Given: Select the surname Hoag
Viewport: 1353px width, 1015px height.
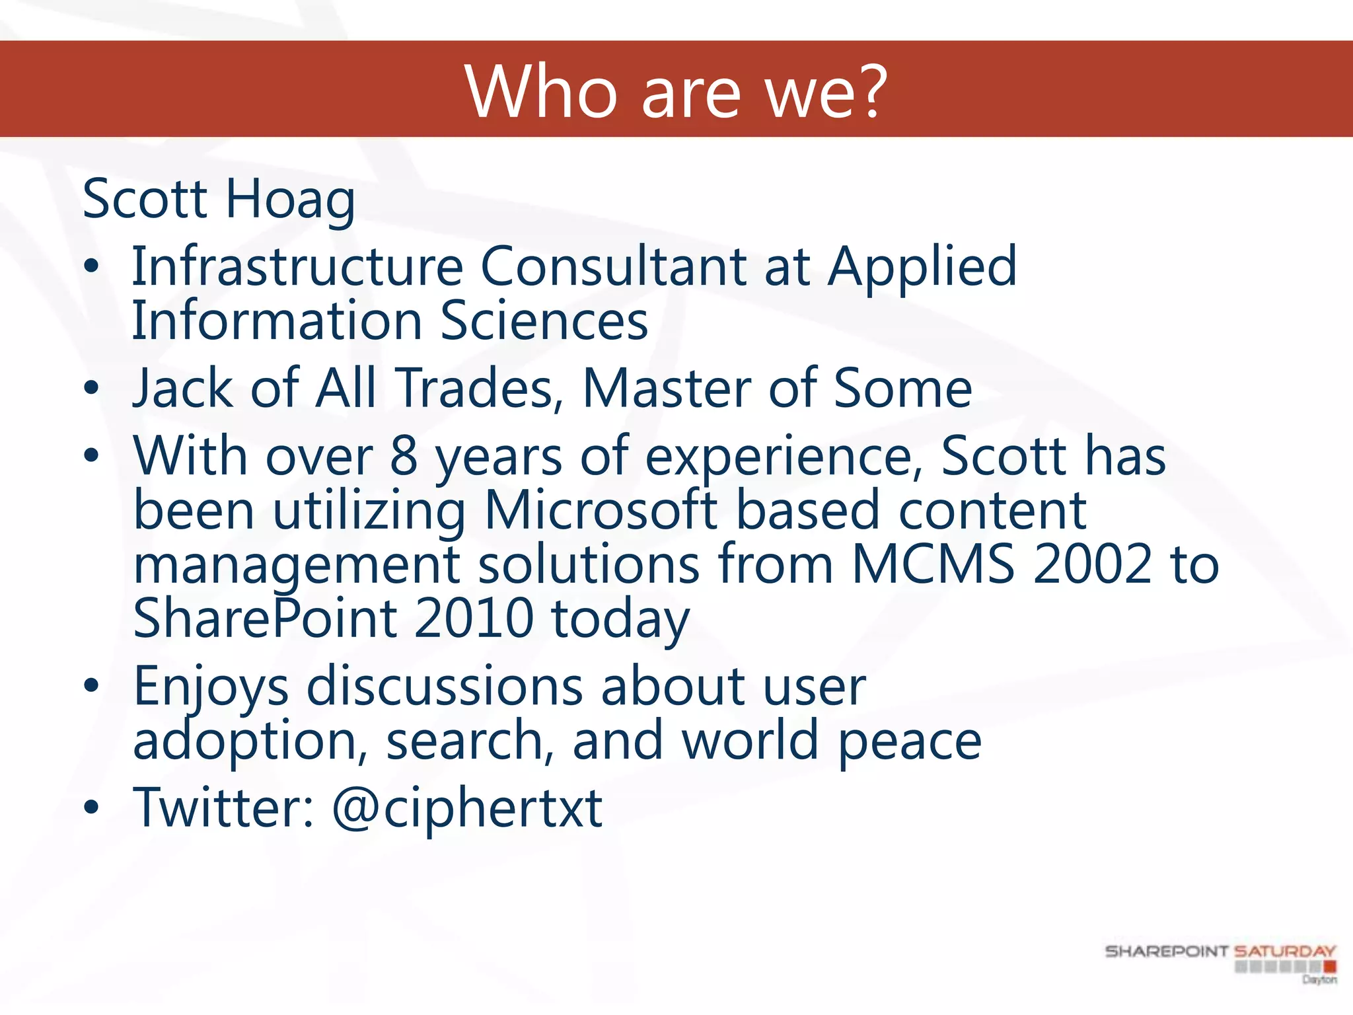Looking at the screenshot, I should (291, 200).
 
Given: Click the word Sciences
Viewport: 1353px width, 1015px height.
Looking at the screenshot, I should (544, 321).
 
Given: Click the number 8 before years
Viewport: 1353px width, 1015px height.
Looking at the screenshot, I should (404, 456).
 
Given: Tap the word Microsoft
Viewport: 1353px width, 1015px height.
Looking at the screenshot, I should (601, 510).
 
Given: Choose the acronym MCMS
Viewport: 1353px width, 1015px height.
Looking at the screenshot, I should (933, 564).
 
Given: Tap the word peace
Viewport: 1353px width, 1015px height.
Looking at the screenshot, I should (910, 741).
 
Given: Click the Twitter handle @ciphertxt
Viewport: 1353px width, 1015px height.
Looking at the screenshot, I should (467, 808).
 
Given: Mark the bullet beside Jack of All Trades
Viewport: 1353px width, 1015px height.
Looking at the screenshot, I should (91, 389).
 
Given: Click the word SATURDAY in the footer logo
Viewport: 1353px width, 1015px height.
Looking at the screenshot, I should (1285, 952).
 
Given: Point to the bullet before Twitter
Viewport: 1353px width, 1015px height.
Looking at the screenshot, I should (91, 808).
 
